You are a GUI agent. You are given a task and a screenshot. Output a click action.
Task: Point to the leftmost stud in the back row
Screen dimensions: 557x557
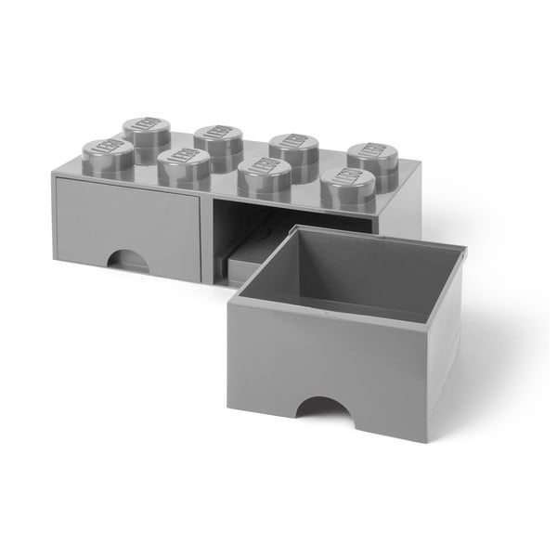tap(143, 129)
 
